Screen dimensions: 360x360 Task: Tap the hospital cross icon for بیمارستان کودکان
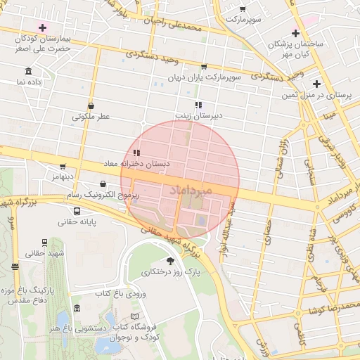[44, 27]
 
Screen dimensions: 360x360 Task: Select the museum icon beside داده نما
[27, 72]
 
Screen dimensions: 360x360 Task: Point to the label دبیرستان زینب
[198, 115]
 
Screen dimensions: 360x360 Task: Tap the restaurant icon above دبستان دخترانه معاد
[136, 152]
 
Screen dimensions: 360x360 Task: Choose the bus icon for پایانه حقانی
[76, 211]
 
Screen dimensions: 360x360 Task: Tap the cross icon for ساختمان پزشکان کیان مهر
[296, 33]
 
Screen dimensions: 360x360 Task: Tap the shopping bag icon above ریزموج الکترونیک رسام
[103, 184]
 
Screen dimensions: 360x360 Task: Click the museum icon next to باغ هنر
[76, 308]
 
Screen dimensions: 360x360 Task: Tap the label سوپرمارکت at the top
[243, 19]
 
